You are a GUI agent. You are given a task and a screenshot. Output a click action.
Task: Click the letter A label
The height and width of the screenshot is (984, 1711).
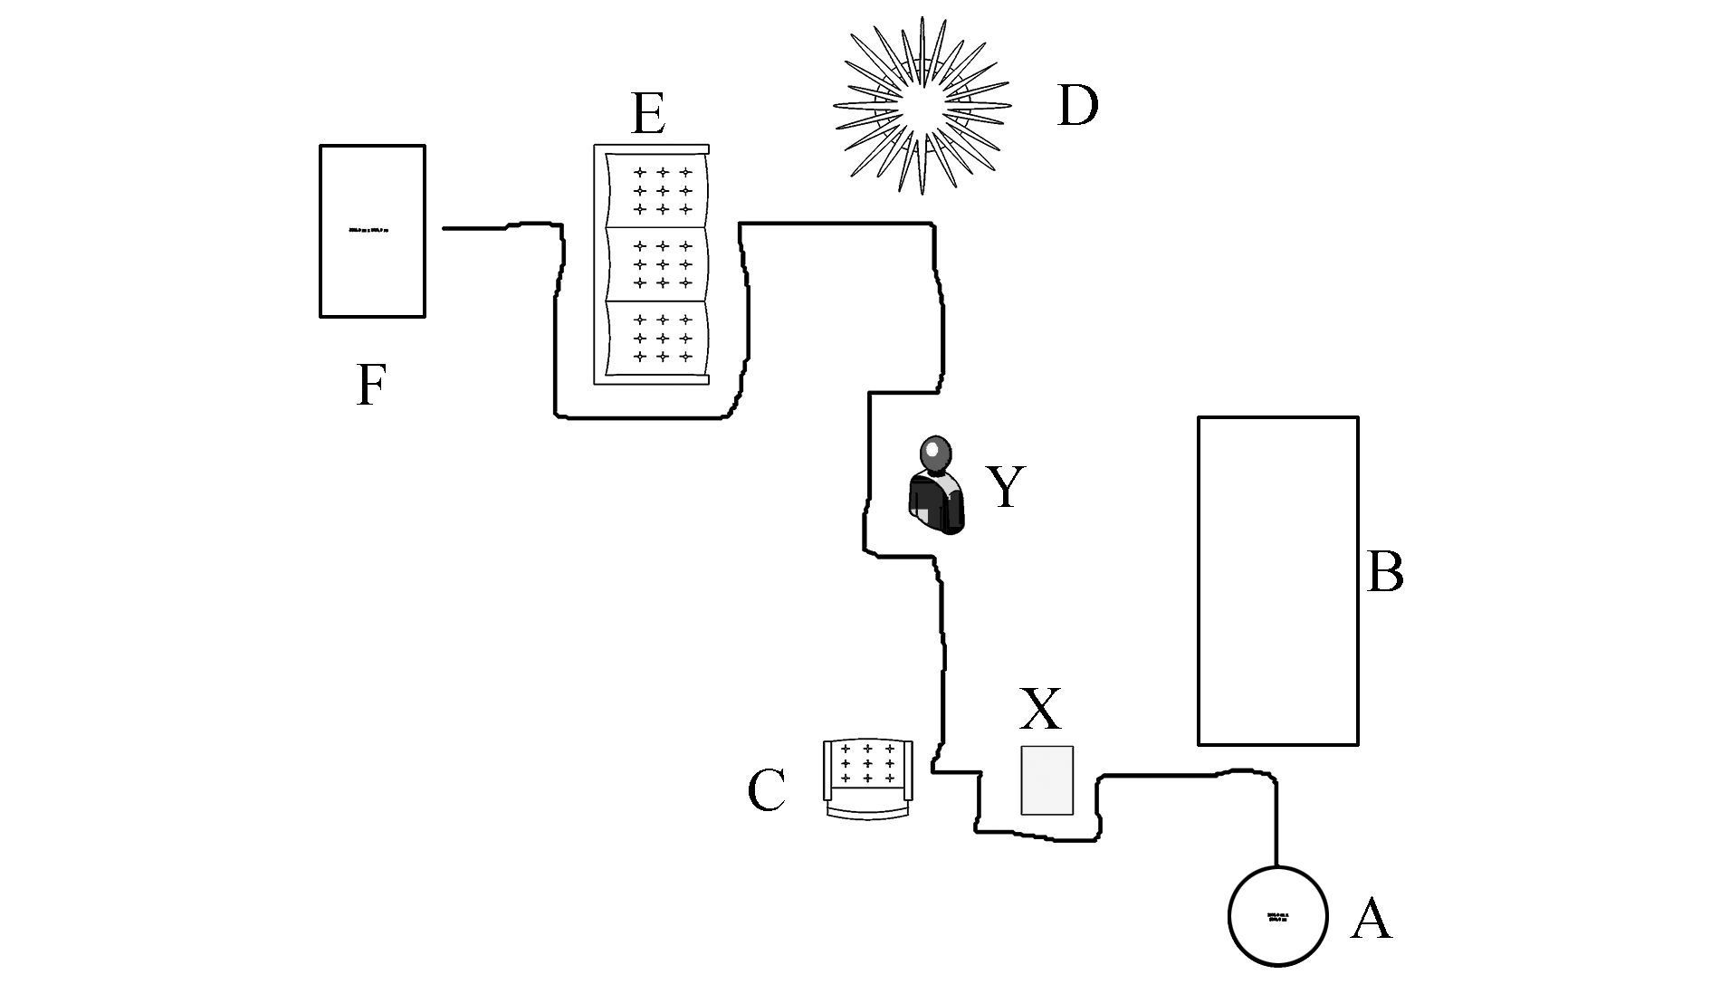coord(1371,920)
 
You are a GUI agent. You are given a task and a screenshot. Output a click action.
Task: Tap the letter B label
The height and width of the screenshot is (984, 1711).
coord(1384,572)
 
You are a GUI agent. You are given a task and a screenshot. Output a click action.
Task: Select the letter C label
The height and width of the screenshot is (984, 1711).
coord(766,790)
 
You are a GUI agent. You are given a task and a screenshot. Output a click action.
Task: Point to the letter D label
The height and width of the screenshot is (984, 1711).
coord(1077,106)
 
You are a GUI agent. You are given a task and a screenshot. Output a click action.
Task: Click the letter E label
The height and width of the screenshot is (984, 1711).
coord(648,115)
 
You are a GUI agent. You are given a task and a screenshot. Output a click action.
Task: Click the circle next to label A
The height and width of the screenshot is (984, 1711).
coord(1277,916)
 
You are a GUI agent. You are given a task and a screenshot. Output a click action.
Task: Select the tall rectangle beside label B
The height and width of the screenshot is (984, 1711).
coord(1277,580)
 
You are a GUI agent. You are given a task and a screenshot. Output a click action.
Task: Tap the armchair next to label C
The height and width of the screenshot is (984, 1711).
coord(867,779)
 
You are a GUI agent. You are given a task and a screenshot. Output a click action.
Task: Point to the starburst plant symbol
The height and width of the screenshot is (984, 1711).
coord(922,106)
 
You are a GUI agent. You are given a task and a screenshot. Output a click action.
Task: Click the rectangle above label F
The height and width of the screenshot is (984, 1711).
coord(372,231)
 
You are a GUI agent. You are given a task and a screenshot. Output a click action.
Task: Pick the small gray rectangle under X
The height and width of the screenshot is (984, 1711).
coord(1047,780)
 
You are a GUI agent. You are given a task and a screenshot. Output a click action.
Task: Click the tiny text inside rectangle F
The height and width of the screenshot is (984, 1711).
coord(368,231)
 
